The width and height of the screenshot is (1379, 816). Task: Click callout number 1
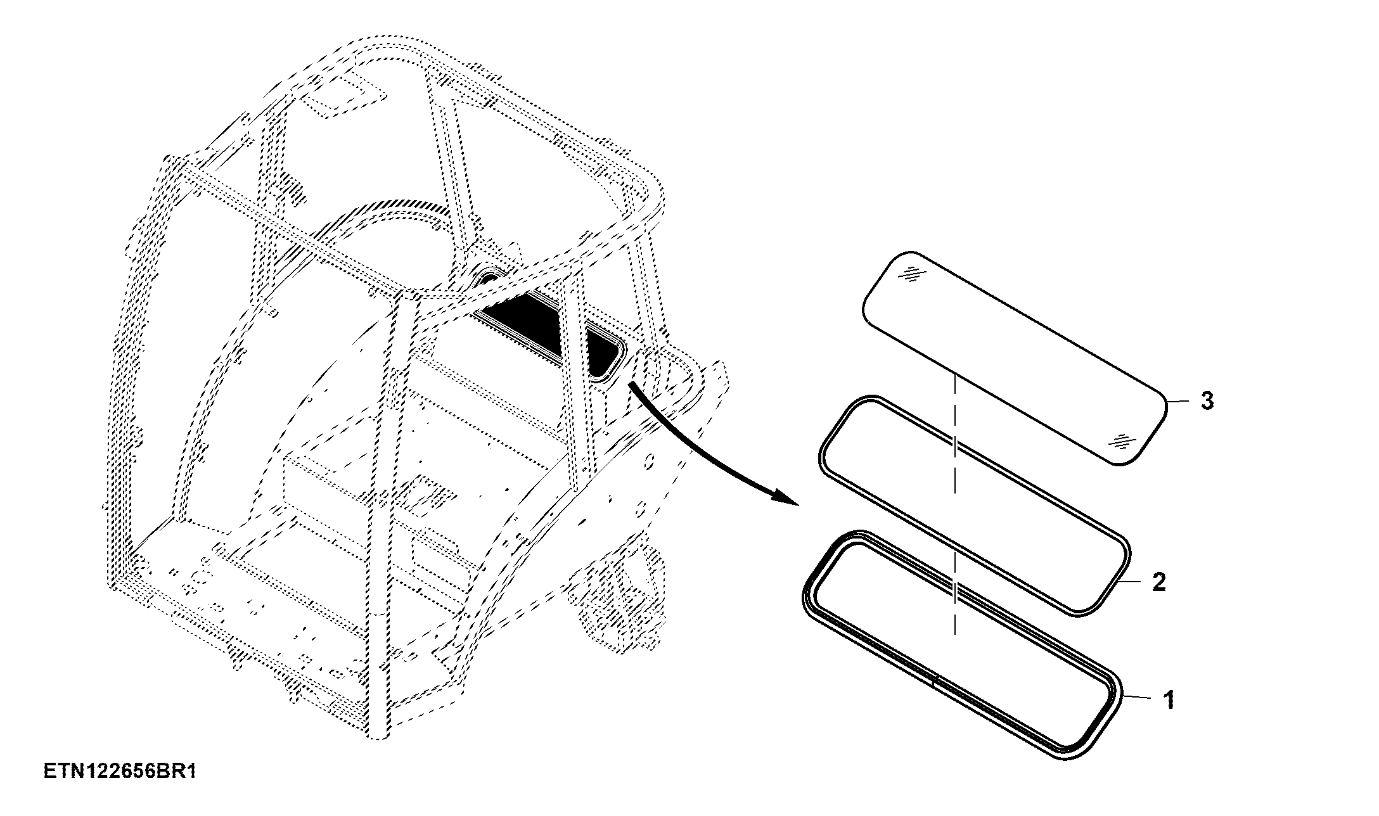(x=1169, y=701)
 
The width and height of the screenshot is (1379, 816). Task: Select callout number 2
(x=1158, y=582)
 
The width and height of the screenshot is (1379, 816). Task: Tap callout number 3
(x=1207, y=400)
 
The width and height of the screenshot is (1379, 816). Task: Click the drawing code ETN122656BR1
(x=120, y=772)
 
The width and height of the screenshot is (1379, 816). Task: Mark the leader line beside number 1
(x=1139, y=697)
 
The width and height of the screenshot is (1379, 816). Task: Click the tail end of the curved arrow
(x=631, y=383)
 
